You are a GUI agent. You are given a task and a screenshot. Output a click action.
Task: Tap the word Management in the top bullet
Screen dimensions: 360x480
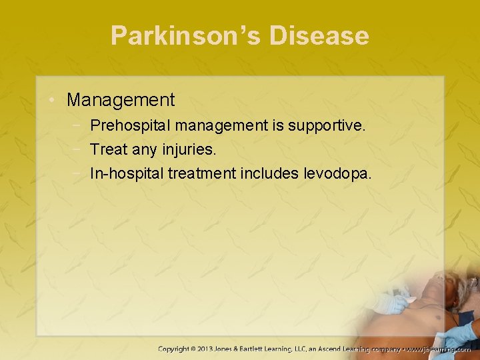121,100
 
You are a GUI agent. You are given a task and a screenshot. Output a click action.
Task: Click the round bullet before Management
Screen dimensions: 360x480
53,101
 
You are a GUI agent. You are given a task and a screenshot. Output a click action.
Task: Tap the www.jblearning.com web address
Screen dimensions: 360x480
438,349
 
